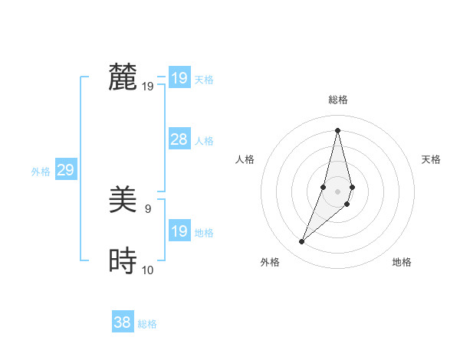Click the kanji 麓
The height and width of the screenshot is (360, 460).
[123, 77]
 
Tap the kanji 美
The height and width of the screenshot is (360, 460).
[123, 200]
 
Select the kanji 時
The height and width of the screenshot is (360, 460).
[123, 261]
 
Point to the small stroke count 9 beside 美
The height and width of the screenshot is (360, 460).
[148, 208]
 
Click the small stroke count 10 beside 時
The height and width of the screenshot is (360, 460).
[148, 270]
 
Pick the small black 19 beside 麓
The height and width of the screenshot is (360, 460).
[148, 86]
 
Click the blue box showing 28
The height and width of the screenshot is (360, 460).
[179, 139]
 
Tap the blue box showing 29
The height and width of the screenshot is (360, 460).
[65, 170]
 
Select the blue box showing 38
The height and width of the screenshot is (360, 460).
[123, 322]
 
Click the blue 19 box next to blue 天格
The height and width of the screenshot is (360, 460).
[179, 78]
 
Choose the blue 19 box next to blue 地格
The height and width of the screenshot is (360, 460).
[179, 231]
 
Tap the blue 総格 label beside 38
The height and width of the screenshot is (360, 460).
[147, 324]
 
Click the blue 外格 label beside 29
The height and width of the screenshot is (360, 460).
[41, 172]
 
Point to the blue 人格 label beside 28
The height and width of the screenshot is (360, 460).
[204, 141]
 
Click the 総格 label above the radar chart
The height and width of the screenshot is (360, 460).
[337, 100]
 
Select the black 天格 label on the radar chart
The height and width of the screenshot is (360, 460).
[431, 159]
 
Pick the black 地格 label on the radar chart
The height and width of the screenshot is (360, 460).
[402, 262]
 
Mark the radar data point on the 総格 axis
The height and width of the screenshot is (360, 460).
[337, 130]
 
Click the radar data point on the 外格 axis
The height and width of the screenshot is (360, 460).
[302, 242]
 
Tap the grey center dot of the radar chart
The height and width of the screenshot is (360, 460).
[337, 191]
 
